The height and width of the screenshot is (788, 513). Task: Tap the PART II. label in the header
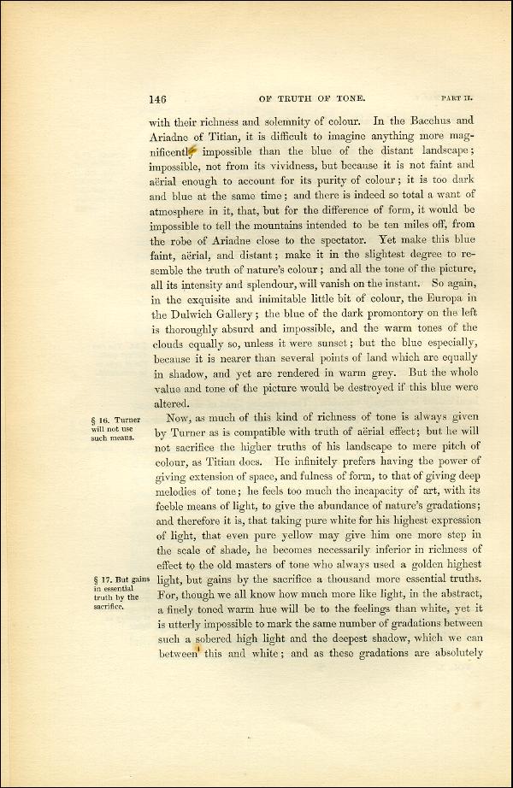click(456, 98)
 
